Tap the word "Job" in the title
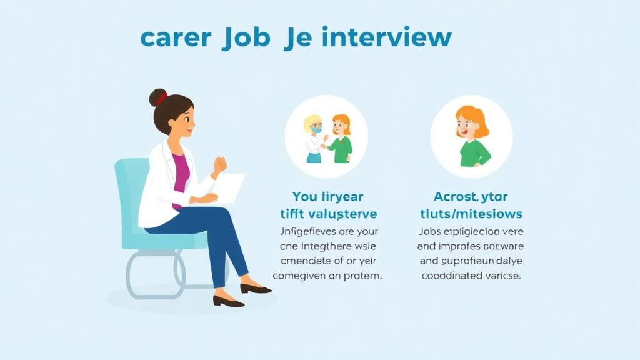coord(246,37)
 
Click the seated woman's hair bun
coord(157,98)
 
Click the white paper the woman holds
coord(228,188)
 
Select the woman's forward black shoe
coord(256,288)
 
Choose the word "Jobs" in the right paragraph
coord(431,231)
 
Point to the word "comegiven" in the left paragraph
coord(301,275)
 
